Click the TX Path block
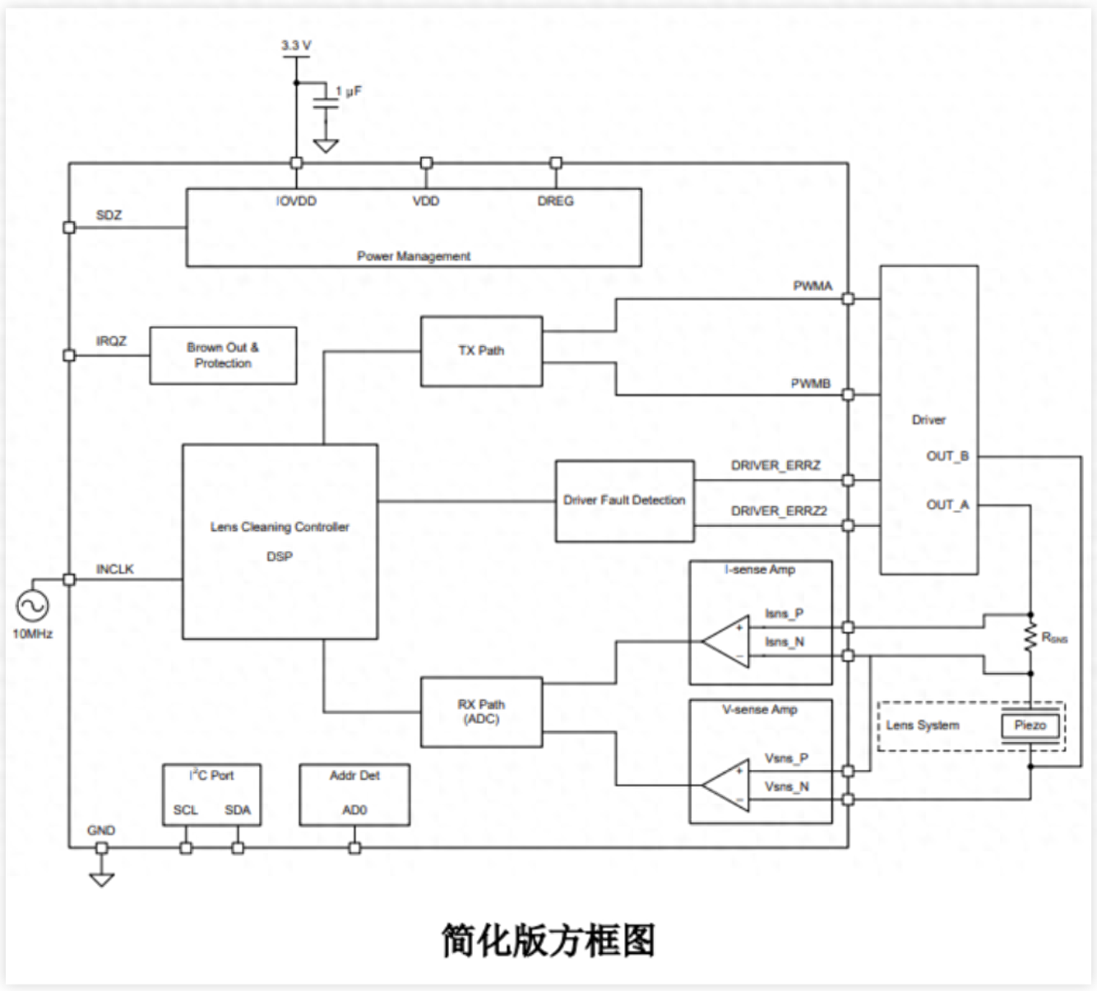click(481, 351)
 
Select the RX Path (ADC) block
click(481, 712)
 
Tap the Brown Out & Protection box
click(223, 355)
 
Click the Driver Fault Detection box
click(624, 500)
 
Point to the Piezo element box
click(1030, 726)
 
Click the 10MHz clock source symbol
click(32, 606)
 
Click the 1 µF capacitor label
click(349, 91)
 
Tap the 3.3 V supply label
click(296, 46)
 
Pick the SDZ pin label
click(109, 215)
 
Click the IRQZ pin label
click(111, 341)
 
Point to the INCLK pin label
click(114, 569)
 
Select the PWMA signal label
click(812, 286)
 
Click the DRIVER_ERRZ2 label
click(779, 511)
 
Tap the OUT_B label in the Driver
click(947, 456)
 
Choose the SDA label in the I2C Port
click(238, 810)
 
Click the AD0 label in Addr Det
click(354, 810)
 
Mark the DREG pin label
click(555, 201)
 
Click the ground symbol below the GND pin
click(101, 879)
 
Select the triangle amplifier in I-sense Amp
click(727, 641)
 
